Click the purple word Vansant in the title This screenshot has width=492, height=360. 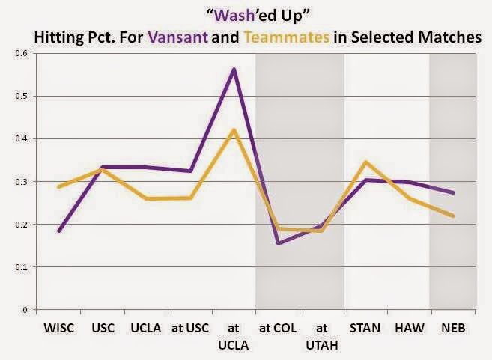pos(178,37)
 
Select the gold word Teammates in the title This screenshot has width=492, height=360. pos(287,37)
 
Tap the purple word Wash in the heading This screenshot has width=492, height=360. pos(234,16)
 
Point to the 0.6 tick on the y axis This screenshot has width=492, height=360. pos(22,53)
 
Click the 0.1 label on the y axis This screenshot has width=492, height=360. pos(22,267)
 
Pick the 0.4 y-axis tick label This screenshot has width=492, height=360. pos(22,138)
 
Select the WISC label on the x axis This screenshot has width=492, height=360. pos(58,328)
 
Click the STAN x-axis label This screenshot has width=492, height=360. pos(365,328)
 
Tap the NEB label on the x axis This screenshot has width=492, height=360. pos(453,328)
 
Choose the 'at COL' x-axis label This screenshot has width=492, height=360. pos(278,328)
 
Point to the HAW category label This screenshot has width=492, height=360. pos(409,328)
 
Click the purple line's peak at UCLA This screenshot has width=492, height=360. pos(234,70)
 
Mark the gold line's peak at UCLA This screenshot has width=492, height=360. pos(234,130)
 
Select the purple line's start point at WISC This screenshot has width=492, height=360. pos(59,231)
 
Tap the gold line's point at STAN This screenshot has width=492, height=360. pos(365,162)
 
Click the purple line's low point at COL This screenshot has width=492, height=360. pos(278,243)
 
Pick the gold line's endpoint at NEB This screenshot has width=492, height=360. pos(453,216)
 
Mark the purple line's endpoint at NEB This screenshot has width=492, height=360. pos(453,192)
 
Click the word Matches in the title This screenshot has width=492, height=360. pos(449,37)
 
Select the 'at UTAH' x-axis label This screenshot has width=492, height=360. pos(321,337)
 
